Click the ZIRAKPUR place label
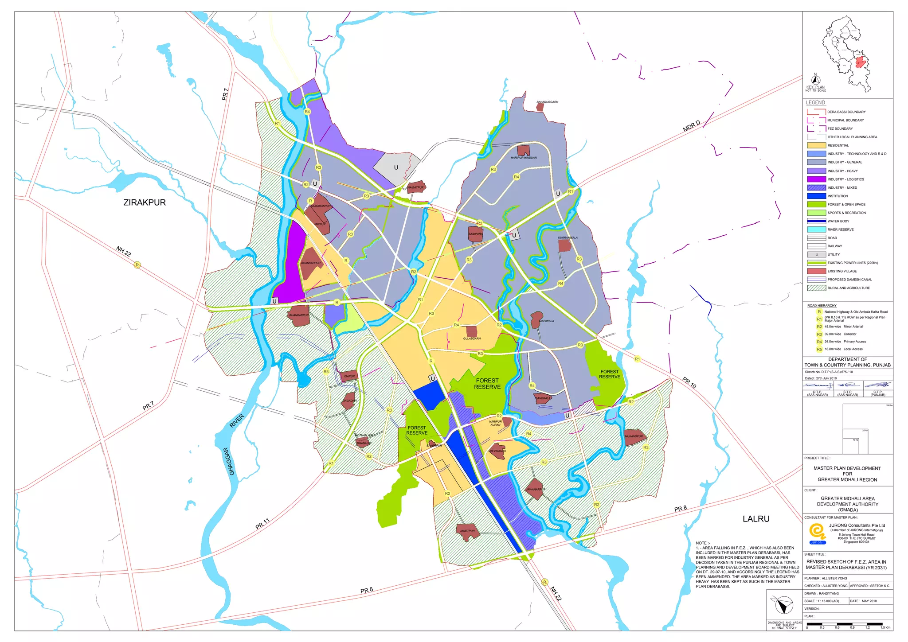click(x=145, y=202)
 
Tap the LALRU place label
click(x=756, y=519)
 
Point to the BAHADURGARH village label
click(x=547, y=102)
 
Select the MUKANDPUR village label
click(x=634, y=436)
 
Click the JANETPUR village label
click(x=467, y=531)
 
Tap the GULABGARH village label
click(x=472, y=339)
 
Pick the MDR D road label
click(x=691, y=126)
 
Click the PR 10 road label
click(x=689, y=383)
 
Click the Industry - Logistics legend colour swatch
click(x=816, y=179)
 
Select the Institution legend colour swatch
click(x=816, y=196)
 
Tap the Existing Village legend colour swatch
click(x=816, y=271)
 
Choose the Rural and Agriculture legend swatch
click(x=816, y=288)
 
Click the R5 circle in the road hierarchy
click(x=819, y=349)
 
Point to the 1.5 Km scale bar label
click(x=885, y=627)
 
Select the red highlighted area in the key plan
click(x=861, y=62)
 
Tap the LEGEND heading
click(x=815, y=102)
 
